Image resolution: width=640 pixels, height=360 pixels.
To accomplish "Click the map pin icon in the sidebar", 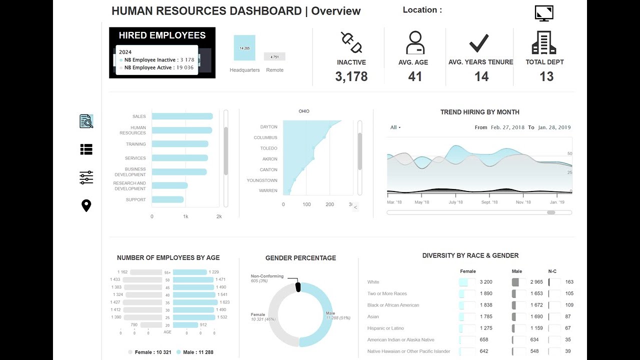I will coord(86,205).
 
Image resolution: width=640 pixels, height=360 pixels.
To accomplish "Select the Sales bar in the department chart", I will coord(182,116).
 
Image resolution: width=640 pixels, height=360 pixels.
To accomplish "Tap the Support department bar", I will coord(167,199).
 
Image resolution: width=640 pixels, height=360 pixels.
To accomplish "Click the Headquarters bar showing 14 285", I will coord(244,48).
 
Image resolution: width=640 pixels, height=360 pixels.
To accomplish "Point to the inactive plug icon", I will coord(351,42).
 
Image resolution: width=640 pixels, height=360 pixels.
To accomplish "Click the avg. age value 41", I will coord(415,76).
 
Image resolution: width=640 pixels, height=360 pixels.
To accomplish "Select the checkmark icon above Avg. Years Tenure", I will coord(479,43).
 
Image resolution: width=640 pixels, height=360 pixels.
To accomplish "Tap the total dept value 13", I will coord(546,76).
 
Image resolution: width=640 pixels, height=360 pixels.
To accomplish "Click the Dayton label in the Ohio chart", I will coord(268,127).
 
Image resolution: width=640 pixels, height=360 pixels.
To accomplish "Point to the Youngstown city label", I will coord(262,180).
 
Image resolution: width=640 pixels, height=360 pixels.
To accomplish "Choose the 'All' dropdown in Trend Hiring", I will coord(395,127).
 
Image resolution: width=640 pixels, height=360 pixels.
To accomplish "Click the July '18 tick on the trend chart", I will coord(455,202).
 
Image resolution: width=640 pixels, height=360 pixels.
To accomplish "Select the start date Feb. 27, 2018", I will coord(507,127).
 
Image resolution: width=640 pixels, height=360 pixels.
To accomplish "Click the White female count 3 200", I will coord(486,282).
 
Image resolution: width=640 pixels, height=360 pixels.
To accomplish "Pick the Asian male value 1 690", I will coord(535,316).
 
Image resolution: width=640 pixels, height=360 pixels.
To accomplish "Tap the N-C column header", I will coord(552,271).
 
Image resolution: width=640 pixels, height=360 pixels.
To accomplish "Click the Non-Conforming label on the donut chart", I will coord(267,276).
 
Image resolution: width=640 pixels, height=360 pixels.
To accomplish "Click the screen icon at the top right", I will coord(544,13).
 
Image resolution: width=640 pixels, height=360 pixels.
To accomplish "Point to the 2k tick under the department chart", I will coord(219,216).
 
